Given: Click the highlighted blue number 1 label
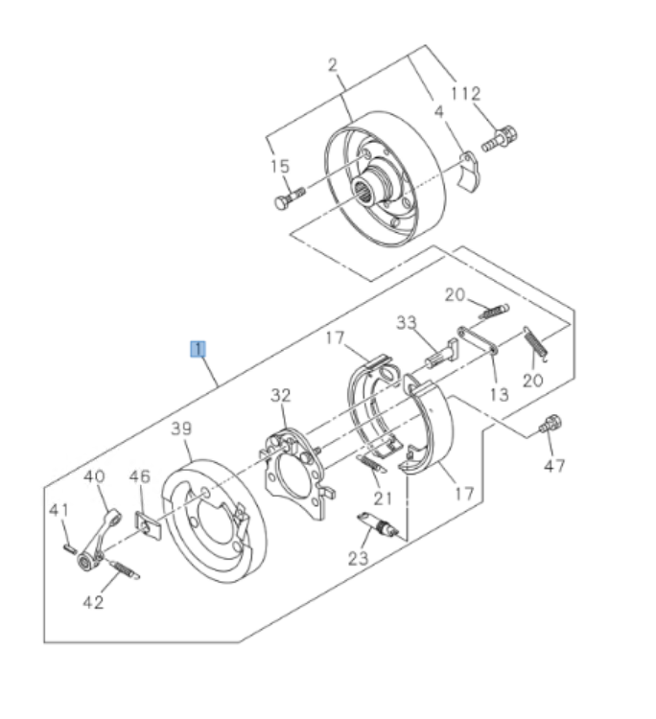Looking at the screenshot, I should (x=197, y=348).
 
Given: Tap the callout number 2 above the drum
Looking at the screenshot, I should (x=333, y=65).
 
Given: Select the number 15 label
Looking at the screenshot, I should (x=279, y=167).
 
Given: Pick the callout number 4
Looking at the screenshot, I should (x=438, y=112).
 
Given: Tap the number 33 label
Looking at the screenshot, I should (x=407, y=322).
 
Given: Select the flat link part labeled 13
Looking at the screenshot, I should (x=479, y=341).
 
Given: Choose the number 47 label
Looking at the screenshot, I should (x=554, y=466).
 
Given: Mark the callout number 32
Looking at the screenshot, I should (x=280, y=395).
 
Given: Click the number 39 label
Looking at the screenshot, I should (x=182, y=428).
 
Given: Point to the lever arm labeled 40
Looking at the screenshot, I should (x=99, y=537).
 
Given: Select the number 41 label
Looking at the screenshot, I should (x=59, y=510).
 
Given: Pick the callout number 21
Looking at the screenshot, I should (x=384, y=497).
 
